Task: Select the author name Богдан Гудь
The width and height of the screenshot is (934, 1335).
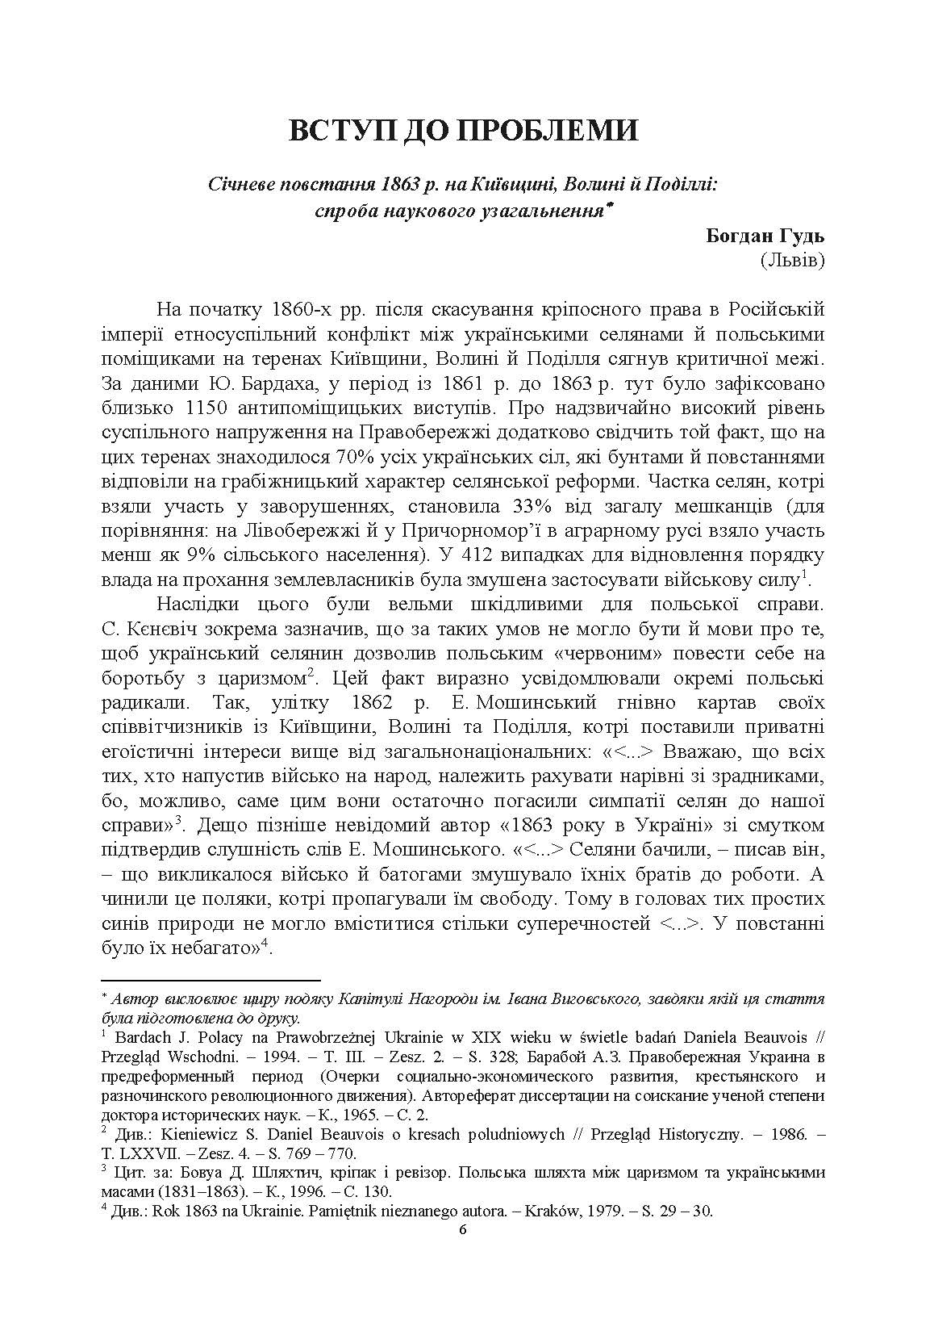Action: [765, 236]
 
